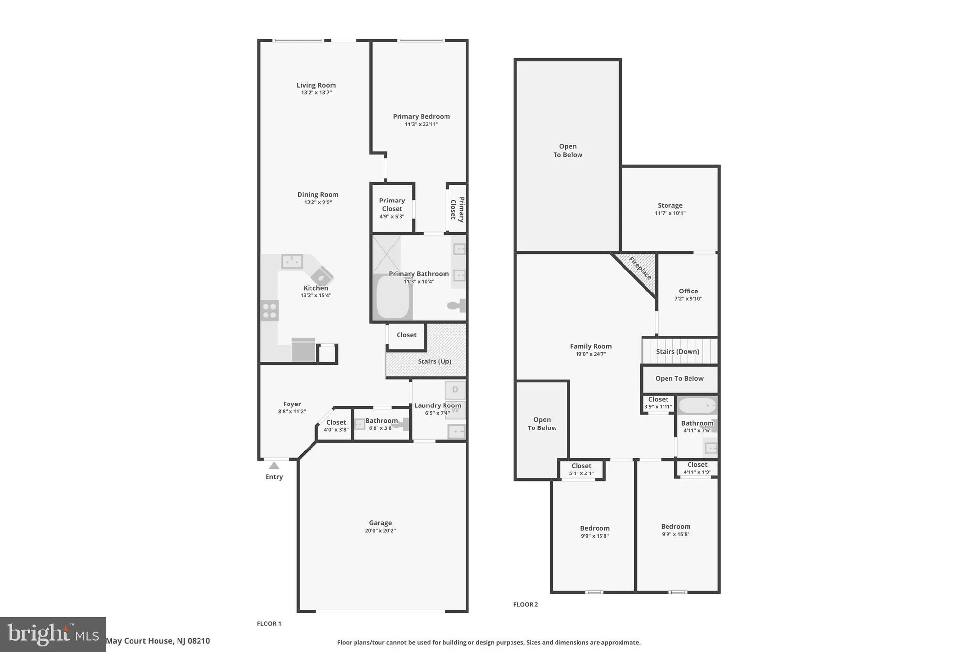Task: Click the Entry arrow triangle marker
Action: coord(274,466)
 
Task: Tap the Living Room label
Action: coord(316,85)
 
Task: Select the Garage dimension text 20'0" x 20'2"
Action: coord(380,531)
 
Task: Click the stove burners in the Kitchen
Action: coord(269,311)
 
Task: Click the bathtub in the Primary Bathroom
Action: coord(393,297)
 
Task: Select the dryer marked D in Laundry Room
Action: coord(455,390)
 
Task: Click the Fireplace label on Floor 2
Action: coord(641,268)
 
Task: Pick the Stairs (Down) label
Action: coord(677,352)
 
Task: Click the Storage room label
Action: coord(670,205)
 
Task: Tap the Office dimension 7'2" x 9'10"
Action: coord(688,299)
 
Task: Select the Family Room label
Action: coord(591,346)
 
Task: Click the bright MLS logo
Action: coord(53,634)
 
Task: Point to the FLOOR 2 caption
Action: coord(526,605)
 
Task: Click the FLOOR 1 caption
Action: coord(269,624)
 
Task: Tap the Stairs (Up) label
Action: coord(434,361)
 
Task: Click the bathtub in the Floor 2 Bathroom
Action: coord(697,406)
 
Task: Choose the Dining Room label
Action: coord(318,195)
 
